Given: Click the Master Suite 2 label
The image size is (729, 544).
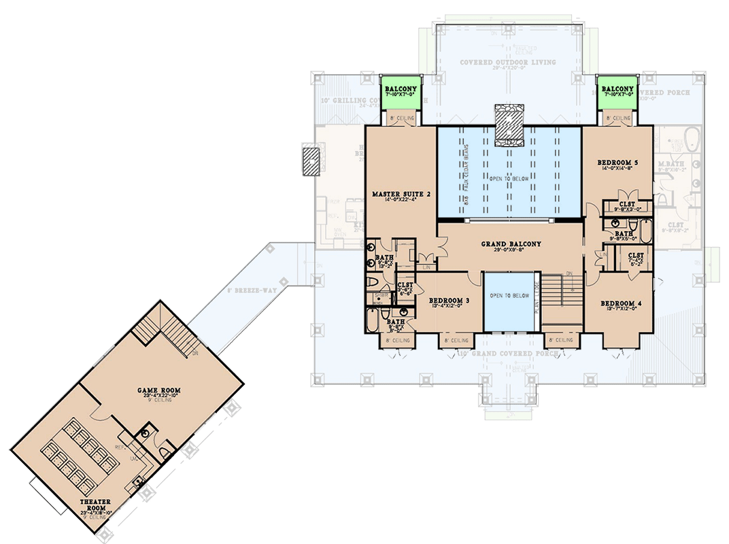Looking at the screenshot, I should (x=401, y=194).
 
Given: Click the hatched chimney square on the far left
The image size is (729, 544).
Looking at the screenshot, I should (x=310, y=161).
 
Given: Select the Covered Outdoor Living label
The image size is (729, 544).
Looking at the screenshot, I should (x=507, y=63).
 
